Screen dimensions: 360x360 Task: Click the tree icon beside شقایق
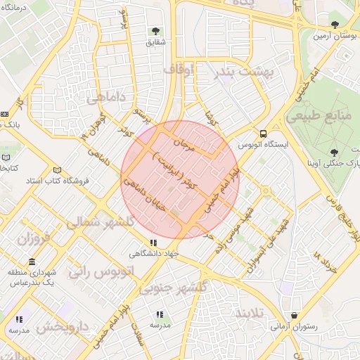point(155,31)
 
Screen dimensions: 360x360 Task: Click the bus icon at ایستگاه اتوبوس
point(263,134)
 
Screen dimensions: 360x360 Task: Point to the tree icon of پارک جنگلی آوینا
point(333,152)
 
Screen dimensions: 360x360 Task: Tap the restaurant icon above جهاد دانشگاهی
point(154,243)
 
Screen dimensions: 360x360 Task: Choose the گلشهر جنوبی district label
point(172,288)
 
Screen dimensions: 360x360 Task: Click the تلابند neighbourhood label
point(250,311)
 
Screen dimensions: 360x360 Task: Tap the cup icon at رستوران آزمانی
point(292,316)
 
